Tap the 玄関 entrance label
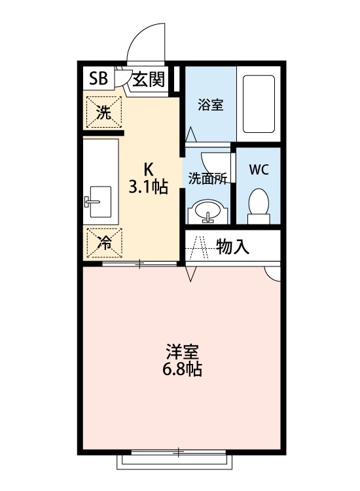pos(149,81)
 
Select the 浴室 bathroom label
pos(210,105)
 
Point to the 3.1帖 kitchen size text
pos(148,188)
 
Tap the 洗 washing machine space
pos(103,112)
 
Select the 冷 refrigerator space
pos(103,242)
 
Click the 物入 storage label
pos(233,247)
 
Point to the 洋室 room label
pos(183,351)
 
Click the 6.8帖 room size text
pos(183,371)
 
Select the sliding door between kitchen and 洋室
pos(140,263)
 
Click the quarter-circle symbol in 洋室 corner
pos(274,273)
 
